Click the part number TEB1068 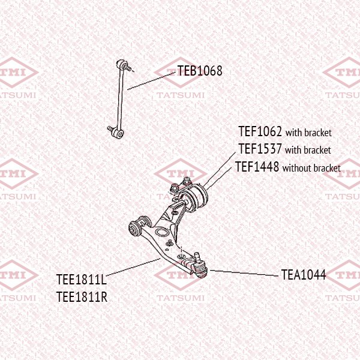[x=200, y=71]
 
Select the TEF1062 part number [x=260, y=131]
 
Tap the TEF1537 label [x=260, y=149]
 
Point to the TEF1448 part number [x=257, y=167]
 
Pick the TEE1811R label [x=82, y=296]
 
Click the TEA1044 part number [x=304, y=275]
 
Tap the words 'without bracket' [x=311, y=168]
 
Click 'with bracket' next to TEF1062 [x=308, y=133]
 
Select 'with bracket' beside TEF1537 [x=308, y=150]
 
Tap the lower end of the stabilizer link [x=116, y=131]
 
